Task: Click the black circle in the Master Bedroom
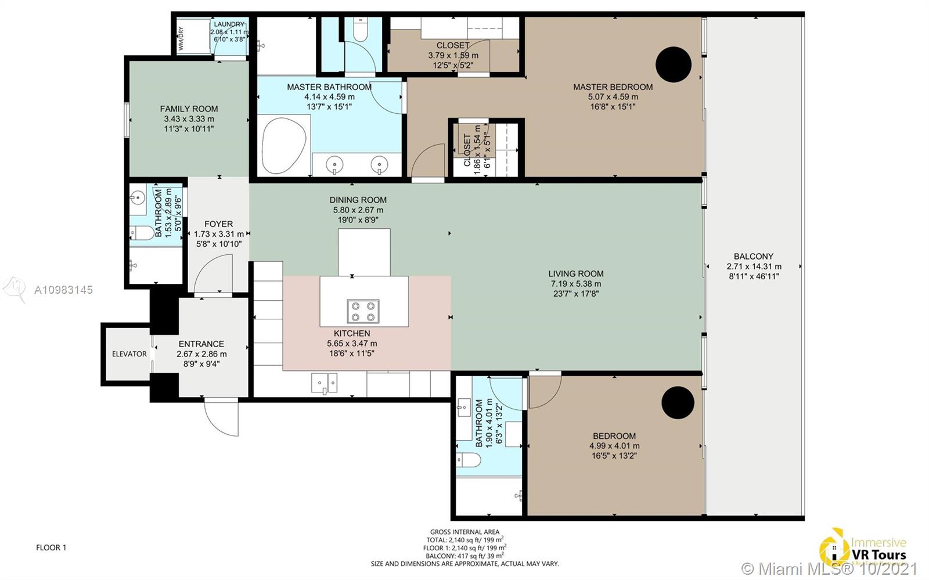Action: (674, 64)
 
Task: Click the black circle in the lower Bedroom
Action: (678, 402)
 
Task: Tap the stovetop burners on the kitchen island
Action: (363, 311)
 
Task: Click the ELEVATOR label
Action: (129, 354)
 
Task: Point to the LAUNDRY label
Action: (229, 24)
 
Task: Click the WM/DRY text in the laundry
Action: (181, 38)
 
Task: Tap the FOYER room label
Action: (218, 224)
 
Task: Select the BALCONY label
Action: (754, 256)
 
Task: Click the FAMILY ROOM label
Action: (189, 109)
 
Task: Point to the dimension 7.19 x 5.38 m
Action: (576, 284)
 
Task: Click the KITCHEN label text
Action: (352, 333)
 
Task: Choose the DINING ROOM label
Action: (358, 200)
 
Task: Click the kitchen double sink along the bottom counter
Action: (324, 383)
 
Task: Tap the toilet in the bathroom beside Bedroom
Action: (469, 460)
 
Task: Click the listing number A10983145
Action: (63, 290)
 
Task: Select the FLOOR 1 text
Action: (51, 547)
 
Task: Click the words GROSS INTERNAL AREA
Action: (464, 532)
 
